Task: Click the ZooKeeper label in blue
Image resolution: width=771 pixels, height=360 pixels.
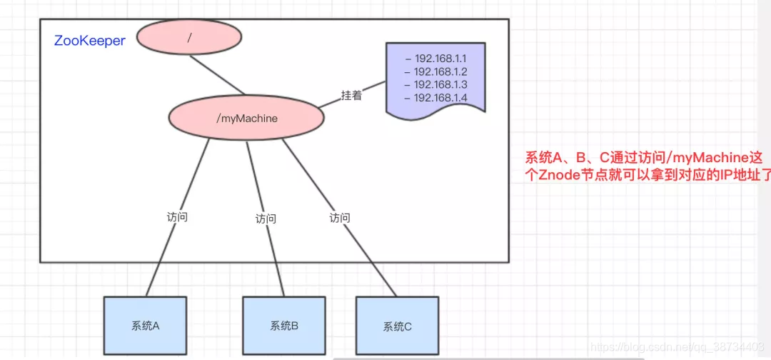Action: (90, 41)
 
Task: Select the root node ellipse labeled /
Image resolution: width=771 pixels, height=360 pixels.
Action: (189, 37)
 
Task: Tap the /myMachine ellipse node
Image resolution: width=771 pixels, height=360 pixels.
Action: (246, 118)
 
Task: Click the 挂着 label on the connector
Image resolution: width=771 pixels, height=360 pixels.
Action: (351, 95)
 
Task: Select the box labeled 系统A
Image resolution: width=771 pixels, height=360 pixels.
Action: (146, 326)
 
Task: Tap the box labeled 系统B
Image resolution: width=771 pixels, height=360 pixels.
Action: (284, 326)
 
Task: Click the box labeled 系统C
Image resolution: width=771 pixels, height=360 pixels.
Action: (397, 326)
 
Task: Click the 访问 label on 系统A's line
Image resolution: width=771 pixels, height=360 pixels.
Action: (177, 216)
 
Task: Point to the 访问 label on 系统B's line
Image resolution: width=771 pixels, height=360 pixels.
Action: (266, 219)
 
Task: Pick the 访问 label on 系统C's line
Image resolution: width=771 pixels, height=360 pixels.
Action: (340, 216)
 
